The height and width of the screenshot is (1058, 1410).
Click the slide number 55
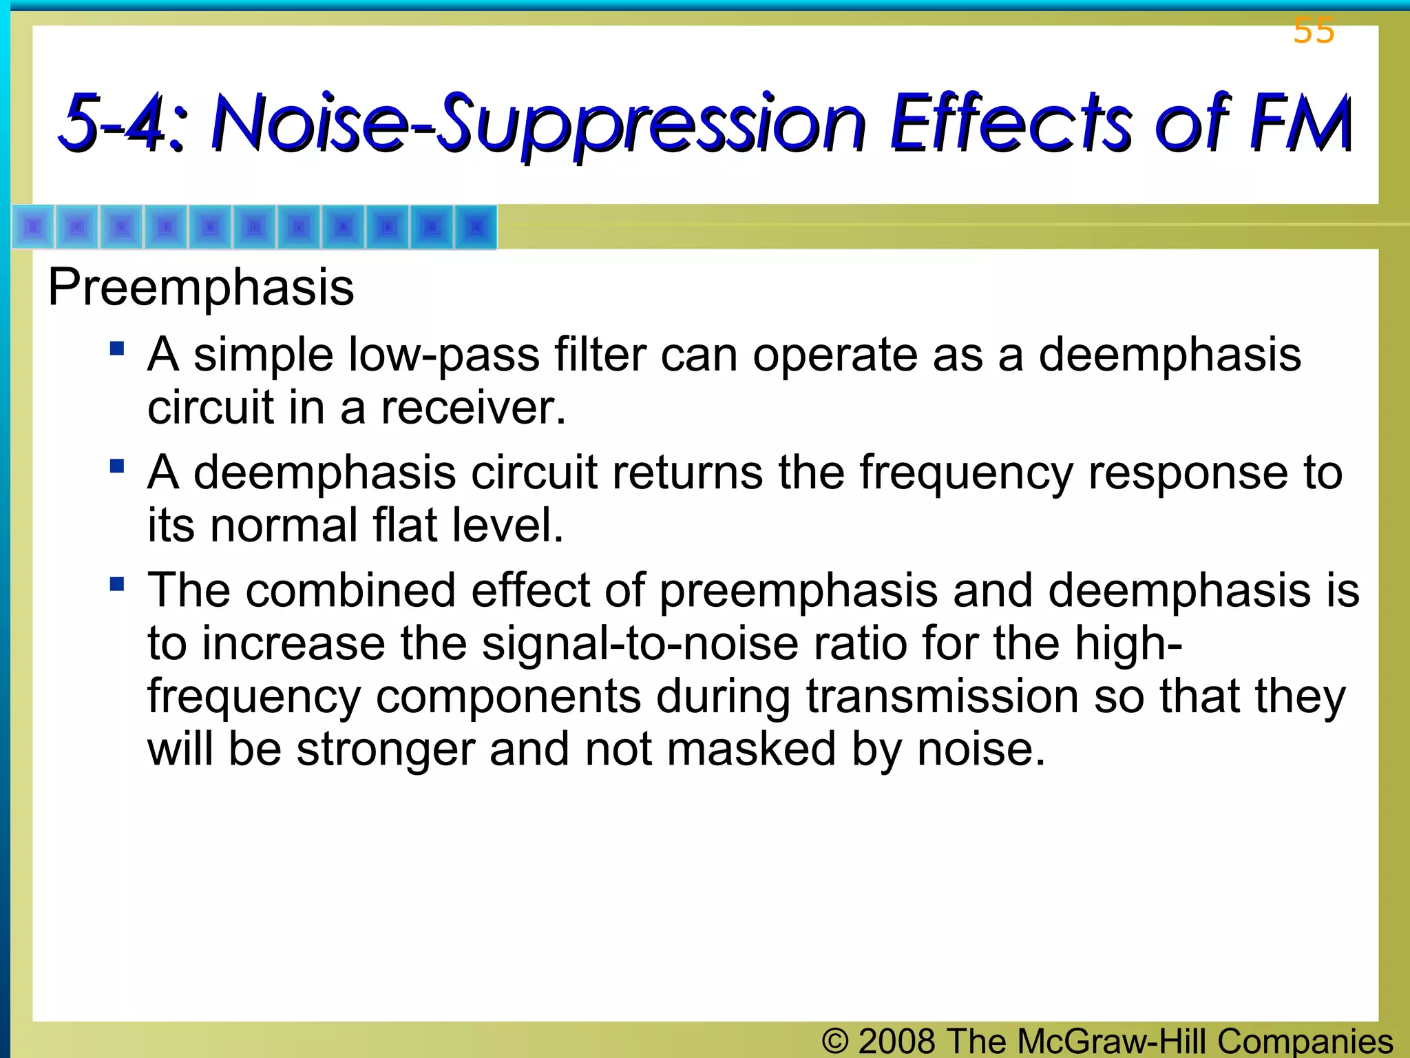click(1314, 31)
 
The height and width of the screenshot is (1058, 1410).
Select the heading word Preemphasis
click(201, 287)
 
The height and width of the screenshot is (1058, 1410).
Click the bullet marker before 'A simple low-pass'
click(117, 348)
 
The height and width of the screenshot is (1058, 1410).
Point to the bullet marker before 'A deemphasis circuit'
click(117, 466)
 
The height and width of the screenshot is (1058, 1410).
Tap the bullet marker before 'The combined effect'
click(117, 585)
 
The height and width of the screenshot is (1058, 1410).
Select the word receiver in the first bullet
click(473, 408)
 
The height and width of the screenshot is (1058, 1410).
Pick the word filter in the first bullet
click(600, 355)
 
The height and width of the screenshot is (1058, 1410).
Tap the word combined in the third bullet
click(350, 591)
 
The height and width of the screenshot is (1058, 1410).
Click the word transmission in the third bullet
click(943, 696)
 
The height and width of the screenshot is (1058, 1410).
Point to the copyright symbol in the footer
click(835, 1041)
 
